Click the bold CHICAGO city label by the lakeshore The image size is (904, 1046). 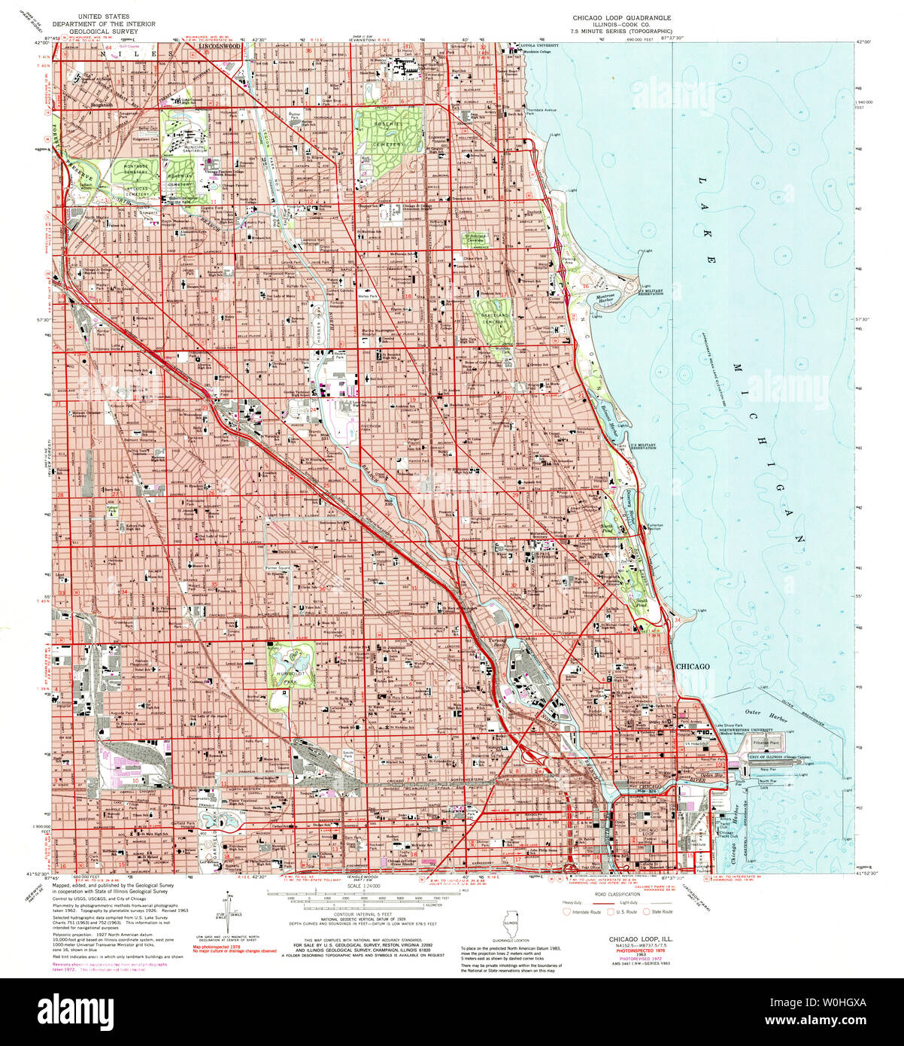[x=693, y=667]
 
